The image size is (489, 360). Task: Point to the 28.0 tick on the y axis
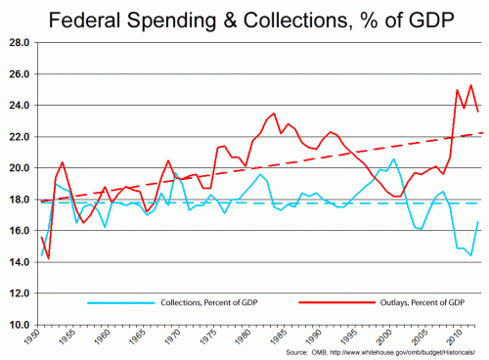(19, 43)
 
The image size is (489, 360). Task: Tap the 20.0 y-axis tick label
(19, 168)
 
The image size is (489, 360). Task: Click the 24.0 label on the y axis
(19, 106)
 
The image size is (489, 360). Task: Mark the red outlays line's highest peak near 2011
(471, 85)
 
